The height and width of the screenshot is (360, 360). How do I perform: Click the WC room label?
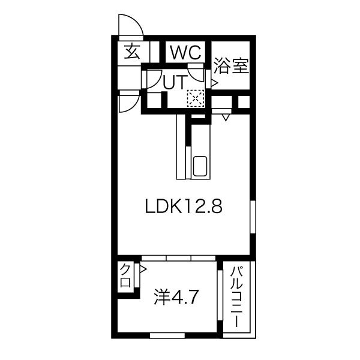pyautogui.click(x=185, y=53)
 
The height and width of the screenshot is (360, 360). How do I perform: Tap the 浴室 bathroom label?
pyautogui.click(x=231, y=66)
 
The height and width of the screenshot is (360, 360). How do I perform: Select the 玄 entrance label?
pyautogui.click(x=132, y=52)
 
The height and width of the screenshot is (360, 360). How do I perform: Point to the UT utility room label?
pyautogui.click(x=174, y=82)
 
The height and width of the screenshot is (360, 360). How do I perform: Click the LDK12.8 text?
pyautogui.click(x=184, y=206)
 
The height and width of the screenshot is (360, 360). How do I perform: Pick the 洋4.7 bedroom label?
pyautogui.click(x=176, y=298)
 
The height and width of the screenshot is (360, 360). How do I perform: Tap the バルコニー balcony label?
pyautogui.click(x=236, y=296)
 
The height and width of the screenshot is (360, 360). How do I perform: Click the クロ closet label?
pyautogui.click(x=125, y=275)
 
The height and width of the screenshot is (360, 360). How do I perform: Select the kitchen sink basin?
pyautogui.click(x=200, y=166)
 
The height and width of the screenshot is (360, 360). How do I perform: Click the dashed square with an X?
pyautogui.click(x=196, y=98)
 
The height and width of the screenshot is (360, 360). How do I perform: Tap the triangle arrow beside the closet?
pyautogui.click(x=143, y=269)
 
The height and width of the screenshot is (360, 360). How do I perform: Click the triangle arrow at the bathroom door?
pyautogui.click(x=214, y=83)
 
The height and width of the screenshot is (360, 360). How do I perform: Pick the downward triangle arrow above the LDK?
pyautogui.click(x=226, y=118)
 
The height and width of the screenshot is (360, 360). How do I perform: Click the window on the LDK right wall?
pyautogui.click(x=253, y=217)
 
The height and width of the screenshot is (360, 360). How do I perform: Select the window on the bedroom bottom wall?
pyautogui.click(x=167, y=335)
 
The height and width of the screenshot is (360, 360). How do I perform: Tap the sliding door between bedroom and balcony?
pyautogui.click(x=220, y=295)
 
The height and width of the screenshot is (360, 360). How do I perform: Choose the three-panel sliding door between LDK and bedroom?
pyautogui.click(x=179, y=258)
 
